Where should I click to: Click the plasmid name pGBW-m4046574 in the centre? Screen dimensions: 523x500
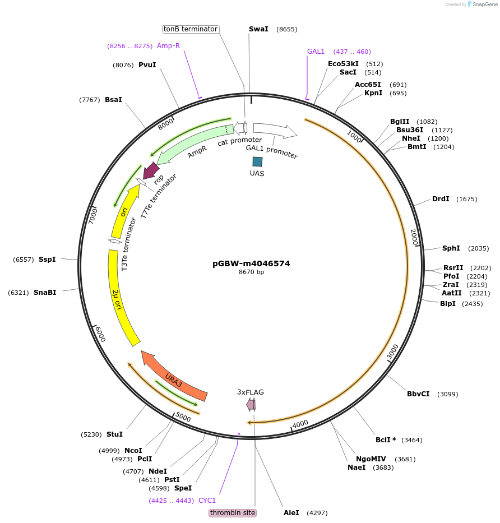(251, 263)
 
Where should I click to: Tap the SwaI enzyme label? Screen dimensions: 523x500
(258, 29)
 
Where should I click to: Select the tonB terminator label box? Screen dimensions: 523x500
(191, 29)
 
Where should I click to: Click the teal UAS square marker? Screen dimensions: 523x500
(257, 161)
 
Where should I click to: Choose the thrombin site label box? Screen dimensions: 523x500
(233, 513)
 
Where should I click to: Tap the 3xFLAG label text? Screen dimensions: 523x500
(251, 392)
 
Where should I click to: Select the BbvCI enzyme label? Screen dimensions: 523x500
(418, 394)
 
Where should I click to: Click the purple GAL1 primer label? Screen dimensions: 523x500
(316, 52)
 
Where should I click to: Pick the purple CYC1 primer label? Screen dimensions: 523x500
(207, 501)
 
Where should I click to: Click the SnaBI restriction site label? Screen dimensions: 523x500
(45, 293)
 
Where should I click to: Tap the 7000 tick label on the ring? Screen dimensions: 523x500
(94, 215)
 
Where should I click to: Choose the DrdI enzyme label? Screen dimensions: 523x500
(441, 199)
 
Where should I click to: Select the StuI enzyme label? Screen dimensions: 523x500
(114, 434)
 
